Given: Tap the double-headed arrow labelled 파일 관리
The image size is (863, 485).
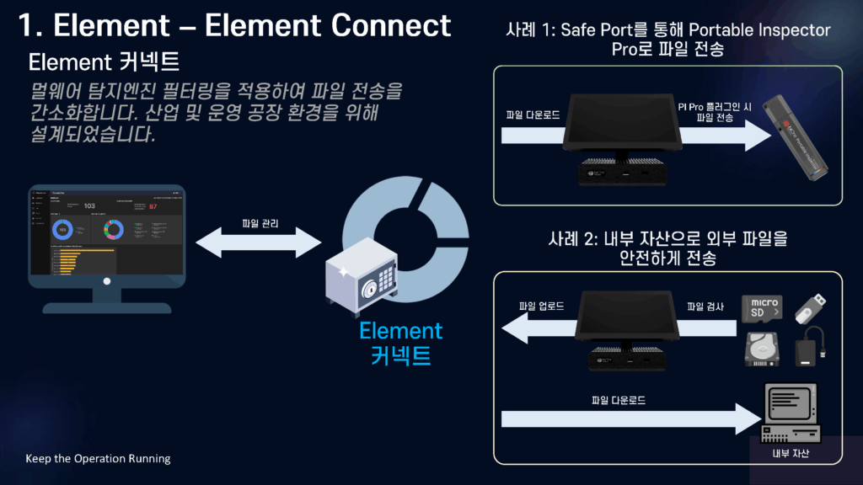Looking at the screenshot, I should pyautogui.click(x=260, y=242).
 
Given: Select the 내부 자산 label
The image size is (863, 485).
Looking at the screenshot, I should pyautogui.click(x=791, y=454).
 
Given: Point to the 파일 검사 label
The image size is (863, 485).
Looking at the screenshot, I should pyautogui.click(x=705, y=306).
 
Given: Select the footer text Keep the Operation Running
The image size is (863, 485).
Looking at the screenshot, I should pyautogui.click(x=98, y=459).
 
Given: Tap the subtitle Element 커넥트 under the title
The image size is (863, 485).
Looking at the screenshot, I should pyautogui.click(x=104, y=63).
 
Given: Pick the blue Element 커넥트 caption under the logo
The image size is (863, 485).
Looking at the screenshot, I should pyautogui.click(x=400, y=343).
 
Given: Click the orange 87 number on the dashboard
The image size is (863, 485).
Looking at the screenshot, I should pyautogui.click(x=153, y=206).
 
